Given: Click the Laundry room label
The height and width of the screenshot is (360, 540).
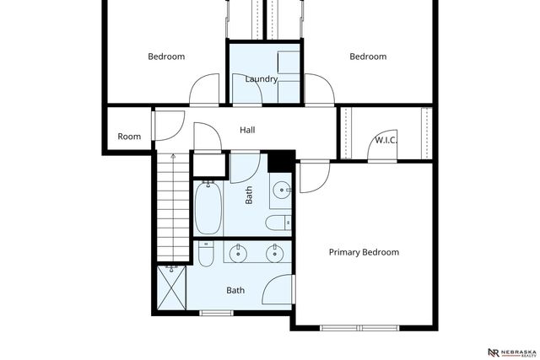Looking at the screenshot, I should pyautogui.click(x=262, y=79).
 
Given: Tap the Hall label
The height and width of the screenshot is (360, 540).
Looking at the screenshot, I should pyautogui.click(x=247, y=131).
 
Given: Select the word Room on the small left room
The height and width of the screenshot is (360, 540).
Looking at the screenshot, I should pyautogui.click(x=129, y=137).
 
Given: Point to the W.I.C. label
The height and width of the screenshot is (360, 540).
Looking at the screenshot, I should pyautogui.click(x=386, y=139).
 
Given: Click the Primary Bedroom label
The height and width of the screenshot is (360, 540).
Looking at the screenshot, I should pyautogui.click(x=364, y=252).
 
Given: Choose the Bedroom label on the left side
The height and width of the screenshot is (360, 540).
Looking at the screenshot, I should pyautogui.click(x=166, y=56).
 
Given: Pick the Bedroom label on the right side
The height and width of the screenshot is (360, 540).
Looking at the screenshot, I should pyautogui.click(x=368, y=56).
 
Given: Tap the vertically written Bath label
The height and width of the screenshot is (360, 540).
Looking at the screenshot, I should pyautogui.click(x=249, y=196).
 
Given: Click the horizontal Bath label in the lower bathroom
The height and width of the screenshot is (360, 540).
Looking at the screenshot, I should pyautogui.click(x=235, y=290).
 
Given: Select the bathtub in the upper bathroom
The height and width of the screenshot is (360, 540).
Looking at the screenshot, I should pyautogui.click(x=208, y=208).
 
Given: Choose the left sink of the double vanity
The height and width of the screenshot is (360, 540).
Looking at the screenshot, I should pyautogui.click(x=239, y=251).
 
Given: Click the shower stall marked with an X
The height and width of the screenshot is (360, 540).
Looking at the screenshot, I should pyautogui.click(x=173, y=287).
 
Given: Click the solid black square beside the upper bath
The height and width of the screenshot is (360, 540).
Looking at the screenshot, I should pyautogui.click(x=280, y=161).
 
